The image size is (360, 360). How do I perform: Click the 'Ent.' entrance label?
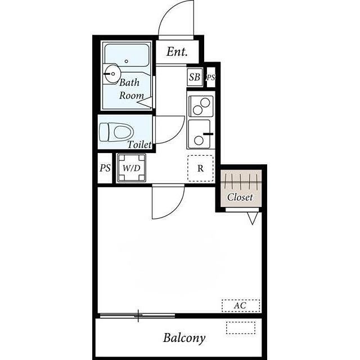[x=177, y=52]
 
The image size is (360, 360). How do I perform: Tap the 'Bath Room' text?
[x=131, y=89]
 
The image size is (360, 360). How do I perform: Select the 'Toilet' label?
[x=139, y=145]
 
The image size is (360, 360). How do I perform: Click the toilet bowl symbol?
[x=116, y=132]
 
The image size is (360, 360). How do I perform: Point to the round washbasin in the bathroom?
[x=111, y=74]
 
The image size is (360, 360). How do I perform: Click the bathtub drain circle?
[x=126, y=61]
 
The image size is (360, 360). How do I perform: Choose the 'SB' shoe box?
[x=195, y=77]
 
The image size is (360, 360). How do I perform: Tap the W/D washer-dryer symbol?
[x=131, y=168]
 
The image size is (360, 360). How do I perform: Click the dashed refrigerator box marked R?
[x=200, y=169]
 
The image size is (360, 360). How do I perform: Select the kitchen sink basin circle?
[x=199, y=140]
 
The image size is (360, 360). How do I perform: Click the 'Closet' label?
[x=240, y=197]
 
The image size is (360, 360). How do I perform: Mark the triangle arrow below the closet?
[x=253, y=218]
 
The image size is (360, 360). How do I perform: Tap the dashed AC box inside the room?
[x=241, y=305]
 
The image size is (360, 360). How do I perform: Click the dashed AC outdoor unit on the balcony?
[x=241, y=327]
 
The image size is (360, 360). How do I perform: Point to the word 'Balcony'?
[x=184, y=338]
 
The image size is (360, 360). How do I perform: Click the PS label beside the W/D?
[x=105, y=168]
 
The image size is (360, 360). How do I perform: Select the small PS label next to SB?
[x=211, y=78]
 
